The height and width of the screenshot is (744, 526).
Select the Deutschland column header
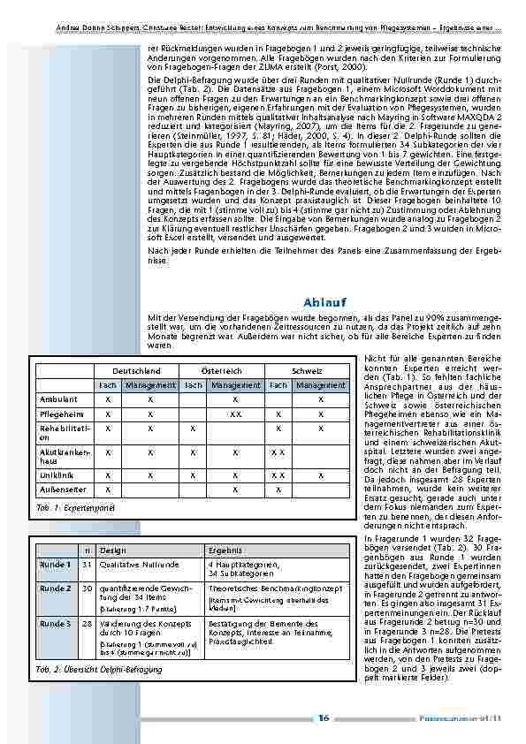pyautogui.click(x=135, y=371)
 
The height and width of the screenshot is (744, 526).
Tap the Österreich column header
pyautogui.click(x=221, y=371)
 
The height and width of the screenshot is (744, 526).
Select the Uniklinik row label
pyautogui.click(x=57, y=474)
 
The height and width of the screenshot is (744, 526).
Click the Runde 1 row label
pyautogui.click(x=56, y=563)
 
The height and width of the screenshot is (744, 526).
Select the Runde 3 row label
pyautogui.click(x=56, y=623)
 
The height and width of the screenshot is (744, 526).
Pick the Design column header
pyautogui.click(x=113, y=549)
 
